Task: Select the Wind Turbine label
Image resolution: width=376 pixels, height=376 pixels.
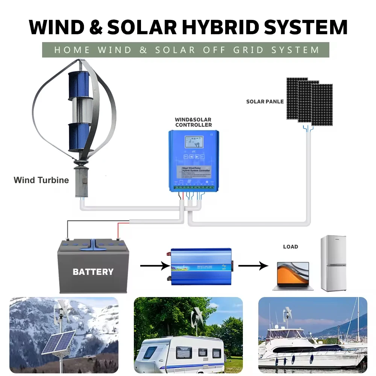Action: tap(41, 180)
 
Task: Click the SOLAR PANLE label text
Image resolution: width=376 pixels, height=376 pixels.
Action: tap(265, 102)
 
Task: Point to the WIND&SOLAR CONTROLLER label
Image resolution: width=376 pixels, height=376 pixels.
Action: tap(193, 122)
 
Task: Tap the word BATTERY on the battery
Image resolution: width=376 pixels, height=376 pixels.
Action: tap(93, 271)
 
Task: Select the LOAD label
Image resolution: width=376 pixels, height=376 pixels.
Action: tap(290, 247)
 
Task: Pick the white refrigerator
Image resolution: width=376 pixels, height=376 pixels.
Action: tap(333, 263)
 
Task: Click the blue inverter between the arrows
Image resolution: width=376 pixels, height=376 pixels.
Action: tap(201, 265)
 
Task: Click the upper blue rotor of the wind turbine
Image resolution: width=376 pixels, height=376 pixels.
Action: tap(79, 85)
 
